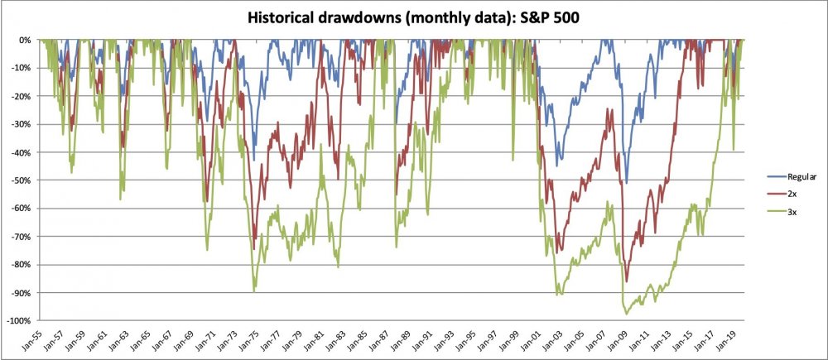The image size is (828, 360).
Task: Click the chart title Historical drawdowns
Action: (349, 17)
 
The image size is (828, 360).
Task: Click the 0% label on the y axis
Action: (26, 40)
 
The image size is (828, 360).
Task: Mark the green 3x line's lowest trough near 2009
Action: (626, 314)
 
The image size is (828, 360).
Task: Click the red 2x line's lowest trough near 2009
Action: (627, 282)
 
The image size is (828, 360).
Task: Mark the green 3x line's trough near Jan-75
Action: (253, 291)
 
